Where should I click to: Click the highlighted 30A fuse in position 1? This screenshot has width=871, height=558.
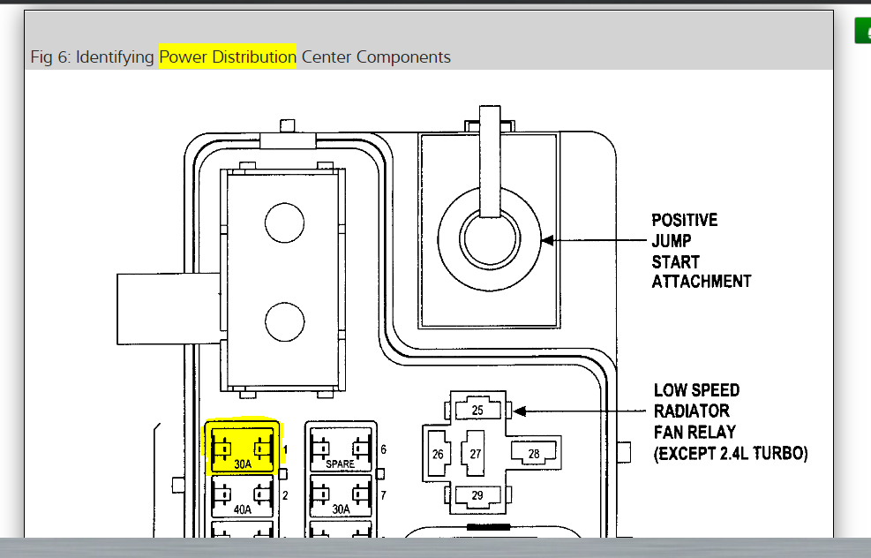point(242,449)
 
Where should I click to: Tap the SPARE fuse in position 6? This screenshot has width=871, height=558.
point(340,449)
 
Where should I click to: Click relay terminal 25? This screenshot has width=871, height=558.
point(477,410)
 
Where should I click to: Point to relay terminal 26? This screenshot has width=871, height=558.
point(438,454)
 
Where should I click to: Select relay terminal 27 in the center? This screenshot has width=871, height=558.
point(476,454)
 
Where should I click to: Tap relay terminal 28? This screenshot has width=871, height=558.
point(534,454)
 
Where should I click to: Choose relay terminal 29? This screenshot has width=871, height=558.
point(477,495)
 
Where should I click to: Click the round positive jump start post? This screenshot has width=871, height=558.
point(488,239)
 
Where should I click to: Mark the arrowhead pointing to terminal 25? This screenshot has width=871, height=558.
point(520,411)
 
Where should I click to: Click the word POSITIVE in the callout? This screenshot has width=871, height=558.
point(685,220)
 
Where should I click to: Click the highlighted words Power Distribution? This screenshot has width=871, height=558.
point(228,57)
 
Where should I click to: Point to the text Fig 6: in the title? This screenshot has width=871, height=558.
point(50,57)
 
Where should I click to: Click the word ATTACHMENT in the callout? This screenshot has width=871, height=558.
point(702,282)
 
